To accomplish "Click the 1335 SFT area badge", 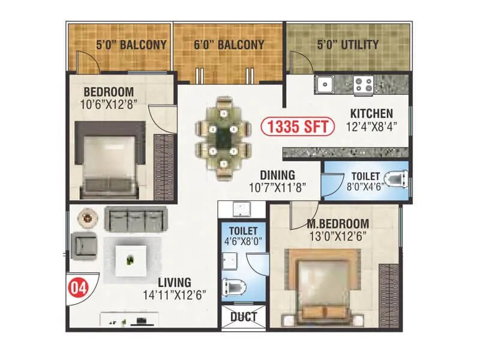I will click(x=296, y=127).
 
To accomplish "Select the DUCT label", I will click(x=243, y=316).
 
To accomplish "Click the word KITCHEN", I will click(x=371, y=113).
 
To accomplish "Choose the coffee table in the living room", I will click(x=131, y=259).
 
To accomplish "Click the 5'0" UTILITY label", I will click(x=348, y=44).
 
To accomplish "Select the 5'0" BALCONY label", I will click(x=131, y=44).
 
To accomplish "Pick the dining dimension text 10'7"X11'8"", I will click(x=278, y=187).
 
